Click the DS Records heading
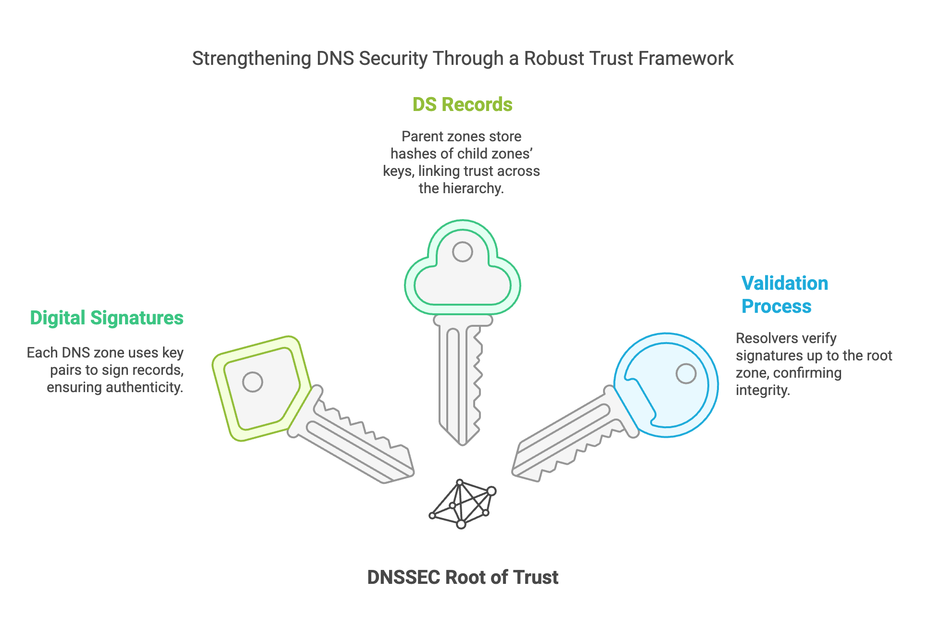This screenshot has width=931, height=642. pyautogui.click(x=462, y=105)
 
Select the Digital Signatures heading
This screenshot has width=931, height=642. pyautogui.click(x=107, y=318)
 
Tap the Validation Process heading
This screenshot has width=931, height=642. pyautogui.click(x=785, y=295)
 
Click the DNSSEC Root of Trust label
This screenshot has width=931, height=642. pyautogui.click(x=463, y=577)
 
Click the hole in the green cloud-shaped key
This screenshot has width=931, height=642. pyautogui.click(x=463, y=252)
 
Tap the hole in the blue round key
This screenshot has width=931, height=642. pyautogui.click(x=686, y=373)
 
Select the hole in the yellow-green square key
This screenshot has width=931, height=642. pyautogui.click(x=252, y=382)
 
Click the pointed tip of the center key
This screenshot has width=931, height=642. pyautogui.click(x=462, y=444)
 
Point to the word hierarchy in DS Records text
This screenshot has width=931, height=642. pyautogui.click(x=473, y=188)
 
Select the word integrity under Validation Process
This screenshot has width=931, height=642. pyautogui.click(x=763, y=390)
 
